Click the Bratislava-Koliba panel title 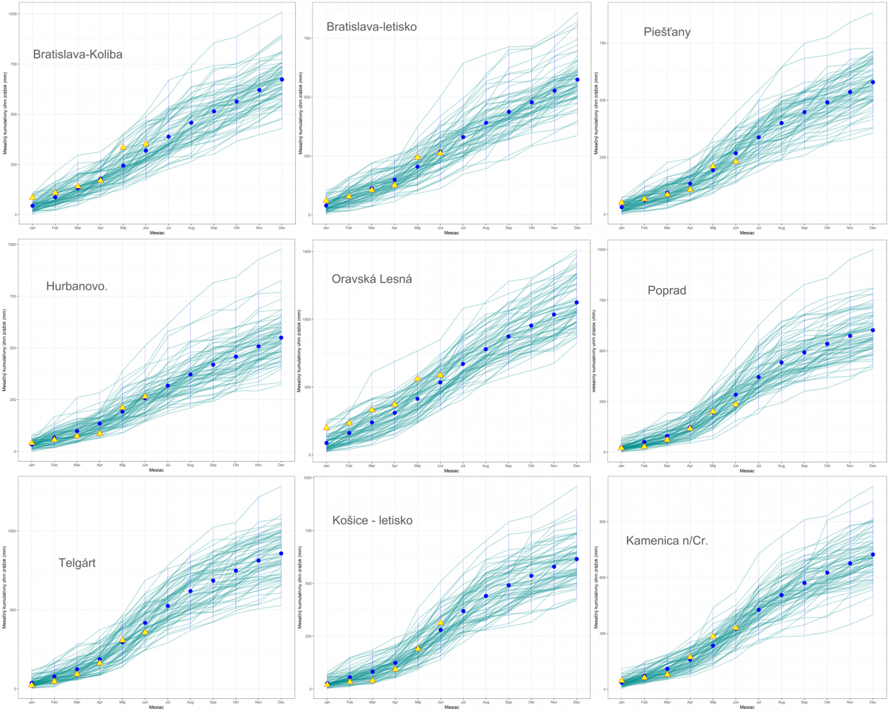pyautogui.click(x=78, y=55)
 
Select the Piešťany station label pyautogui.click(x=667, y=32)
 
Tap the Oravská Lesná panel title pyautogui.click(x=372, y=279)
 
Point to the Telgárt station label pyautogui.click(x=77, y=563)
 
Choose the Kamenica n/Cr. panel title pyautogui.click(x=667, y=541)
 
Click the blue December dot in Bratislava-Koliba pyautogui.click(x=282, y=80)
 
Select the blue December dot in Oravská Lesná pyautogui.click(x=576, y=303)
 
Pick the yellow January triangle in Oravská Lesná pyautogui.click(x=326, y=427)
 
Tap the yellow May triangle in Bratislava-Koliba pyautogui.click(x=123, y=147)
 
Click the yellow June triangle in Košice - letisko pyautogui.click(x=441, y=622)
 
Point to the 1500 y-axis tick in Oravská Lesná pyautogui.click(x=307, y=252)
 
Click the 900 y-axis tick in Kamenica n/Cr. pyautogui.click(x=603, y=522)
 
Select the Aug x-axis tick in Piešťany pyautogui.click(x=782, y=228)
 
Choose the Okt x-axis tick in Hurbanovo pyautogui.click(x=235, y=465)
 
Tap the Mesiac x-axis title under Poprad pyautogui.click(x=747, y=471)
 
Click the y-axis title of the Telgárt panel pyautogui.click(x=5, y=588)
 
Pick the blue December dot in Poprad pyautogui.click(x=873, y=330)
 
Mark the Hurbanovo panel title pyautogui.click(x=77, y=287)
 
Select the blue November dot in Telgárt pyautogui.click(x=259, y=561)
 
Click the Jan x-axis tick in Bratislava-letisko pyautogui.click(x=326, y=228)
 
